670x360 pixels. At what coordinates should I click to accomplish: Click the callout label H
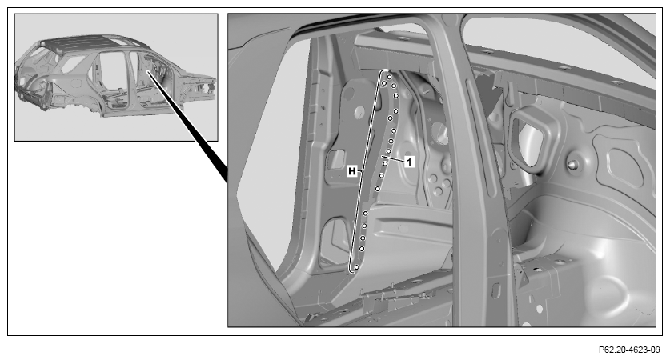[351, 171]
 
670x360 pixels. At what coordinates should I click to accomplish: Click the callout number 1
[409, 162]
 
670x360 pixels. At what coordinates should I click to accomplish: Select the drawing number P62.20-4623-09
[629, 350]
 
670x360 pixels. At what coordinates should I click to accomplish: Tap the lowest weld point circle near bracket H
[356, 267]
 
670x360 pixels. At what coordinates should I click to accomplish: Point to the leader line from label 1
[393, 159]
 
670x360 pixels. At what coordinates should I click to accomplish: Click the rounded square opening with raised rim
[530, 138]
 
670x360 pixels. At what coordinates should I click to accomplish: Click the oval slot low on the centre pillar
[495, 290]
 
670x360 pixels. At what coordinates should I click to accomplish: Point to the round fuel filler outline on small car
[75, 83]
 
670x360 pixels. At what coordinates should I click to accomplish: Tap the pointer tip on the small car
[148, 72]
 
